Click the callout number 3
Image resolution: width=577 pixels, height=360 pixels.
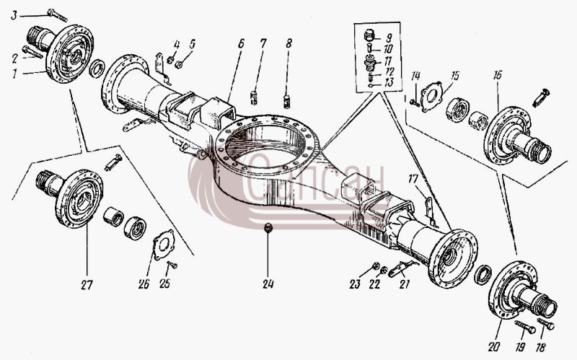tap(14, 15)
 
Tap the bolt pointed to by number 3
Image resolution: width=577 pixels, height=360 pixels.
tap(58, 14)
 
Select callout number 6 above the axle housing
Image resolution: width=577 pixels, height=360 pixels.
tap(241, 44)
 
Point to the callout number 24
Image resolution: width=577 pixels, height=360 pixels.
tap(268, 284)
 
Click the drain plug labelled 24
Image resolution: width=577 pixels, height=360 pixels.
tap(268, 227)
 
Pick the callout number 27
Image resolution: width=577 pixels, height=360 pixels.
tap(87, 285)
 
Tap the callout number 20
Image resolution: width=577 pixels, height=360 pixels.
tap(494, 346)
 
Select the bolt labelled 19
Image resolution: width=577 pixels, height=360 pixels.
tap(524, 327)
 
